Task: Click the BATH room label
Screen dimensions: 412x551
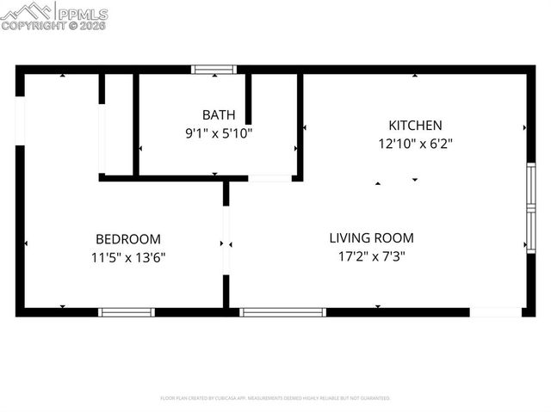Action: click(217, 114)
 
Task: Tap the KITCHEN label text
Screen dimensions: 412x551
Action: click(415, 126)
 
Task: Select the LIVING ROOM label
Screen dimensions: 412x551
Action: click(372, 238)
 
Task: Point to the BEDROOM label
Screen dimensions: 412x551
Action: click(127, 239)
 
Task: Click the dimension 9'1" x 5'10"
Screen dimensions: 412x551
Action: click(218, 133)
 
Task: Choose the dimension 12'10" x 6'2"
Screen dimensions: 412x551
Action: click(415, 145)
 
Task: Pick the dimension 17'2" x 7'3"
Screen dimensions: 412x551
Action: click(372, 255)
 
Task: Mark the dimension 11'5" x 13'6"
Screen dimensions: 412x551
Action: click(127, 257)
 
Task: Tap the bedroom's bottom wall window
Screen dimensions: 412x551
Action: click(126, 312)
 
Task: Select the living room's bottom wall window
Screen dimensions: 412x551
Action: click(282, 312)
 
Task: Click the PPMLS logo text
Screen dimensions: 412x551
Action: click(83, 14)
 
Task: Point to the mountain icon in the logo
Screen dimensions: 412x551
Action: click(27, 11)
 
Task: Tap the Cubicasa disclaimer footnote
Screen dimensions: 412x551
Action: click(275, 398)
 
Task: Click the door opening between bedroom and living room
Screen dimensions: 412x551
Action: click(226, 241)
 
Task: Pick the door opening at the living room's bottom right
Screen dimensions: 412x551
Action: click(495, 312)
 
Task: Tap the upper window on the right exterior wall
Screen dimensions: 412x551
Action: click(531, 185)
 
